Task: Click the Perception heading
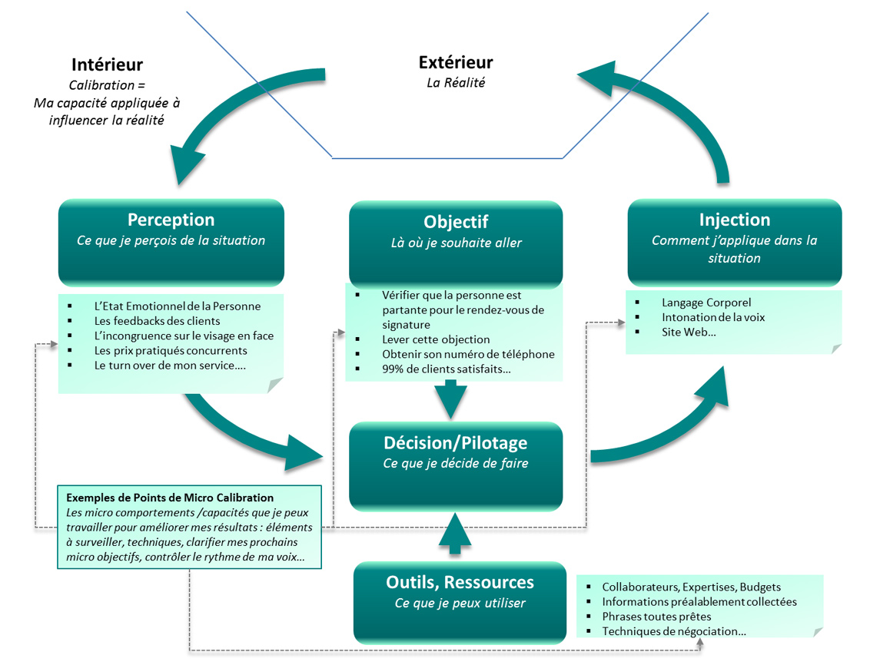171,220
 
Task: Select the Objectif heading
456,222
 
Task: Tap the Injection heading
734,220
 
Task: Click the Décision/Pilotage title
456,443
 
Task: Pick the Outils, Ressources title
460,582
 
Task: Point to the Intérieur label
107,65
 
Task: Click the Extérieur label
456,63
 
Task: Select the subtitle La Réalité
456,82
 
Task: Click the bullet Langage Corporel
706,303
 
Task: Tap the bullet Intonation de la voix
713,317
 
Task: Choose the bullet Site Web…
689,332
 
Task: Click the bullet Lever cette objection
436,339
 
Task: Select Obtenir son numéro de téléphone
468,354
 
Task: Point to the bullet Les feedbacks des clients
157,321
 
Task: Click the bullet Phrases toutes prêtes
656,617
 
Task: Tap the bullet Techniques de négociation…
673,631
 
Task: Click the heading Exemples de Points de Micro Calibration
171,498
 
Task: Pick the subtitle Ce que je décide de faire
456,463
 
